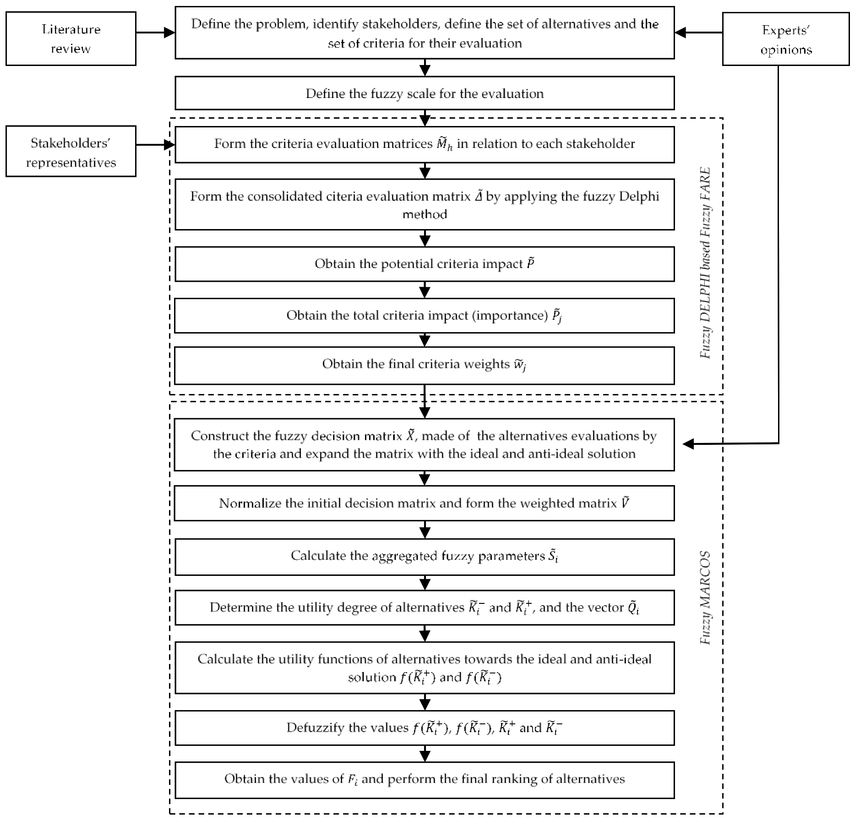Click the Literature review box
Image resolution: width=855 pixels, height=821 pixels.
tap(71, 39)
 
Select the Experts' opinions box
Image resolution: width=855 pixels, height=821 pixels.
tap(785, 39)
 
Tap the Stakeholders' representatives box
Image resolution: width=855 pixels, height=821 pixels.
tap(71, 152)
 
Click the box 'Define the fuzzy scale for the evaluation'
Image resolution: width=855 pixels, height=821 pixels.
tap(425, 93)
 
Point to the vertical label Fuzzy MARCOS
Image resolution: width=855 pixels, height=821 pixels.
tap(705, 598)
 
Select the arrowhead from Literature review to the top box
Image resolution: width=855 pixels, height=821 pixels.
tap(169, 33)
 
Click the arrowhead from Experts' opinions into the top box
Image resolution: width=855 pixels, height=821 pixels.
tap(681, 33)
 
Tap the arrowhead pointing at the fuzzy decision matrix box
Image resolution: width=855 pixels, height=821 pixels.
tap(688, 443)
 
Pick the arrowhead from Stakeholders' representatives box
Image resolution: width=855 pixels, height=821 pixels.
tap(169, 145)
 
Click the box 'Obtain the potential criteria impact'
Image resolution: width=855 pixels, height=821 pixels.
tap(425, 264)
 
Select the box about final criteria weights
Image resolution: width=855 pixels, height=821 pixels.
tap(425, 365)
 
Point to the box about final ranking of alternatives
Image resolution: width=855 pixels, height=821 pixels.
tap(425, 779)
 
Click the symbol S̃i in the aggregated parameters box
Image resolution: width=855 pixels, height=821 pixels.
tap(553, 556)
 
